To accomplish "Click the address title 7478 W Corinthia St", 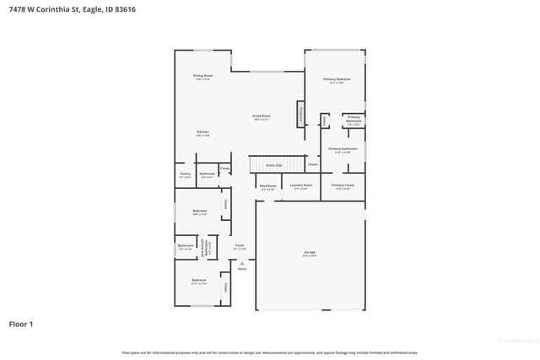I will tap(68, 9).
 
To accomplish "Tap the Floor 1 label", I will tap(21, 323).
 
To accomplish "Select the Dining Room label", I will tap(202, 77).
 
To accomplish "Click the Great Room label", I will tap(261, 116).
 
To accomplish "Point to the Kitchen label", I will tap(202, 132).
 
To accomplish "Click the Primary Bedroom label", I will tap(337, 80).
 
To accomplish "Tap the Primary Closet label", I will tap(343, 185).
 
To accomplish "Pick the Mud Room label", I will tap(267, 186).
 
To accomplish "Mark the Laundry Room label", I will tap(300, 185).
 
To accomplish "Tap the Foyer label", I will tap(240, 246).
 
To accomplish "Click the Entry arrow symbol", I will tap(241, 263).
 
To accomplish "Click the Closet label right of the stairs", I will tap(312, 164).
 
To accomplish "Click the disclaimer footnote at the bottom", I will tap(269, 352).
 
